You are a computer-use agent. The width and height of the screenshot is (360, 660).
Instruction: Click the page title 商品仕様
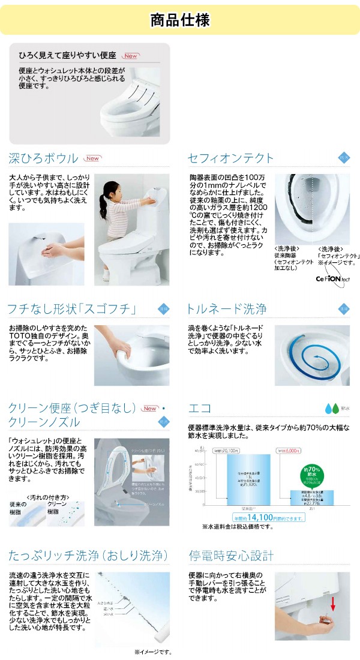pyautogui.click(x=180, y=20)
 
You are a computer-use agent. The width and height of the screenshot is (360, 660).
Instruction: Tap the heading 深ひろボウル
pyautogui.click(x=43, y=158)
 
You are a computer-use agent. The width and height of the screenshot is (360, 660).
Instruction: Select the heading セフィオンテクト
pyautogui.click(x=230, y=158)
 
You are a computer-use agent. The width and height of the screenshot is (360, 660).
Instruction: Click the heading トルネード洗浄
pyautogui.click(x=227, y=310)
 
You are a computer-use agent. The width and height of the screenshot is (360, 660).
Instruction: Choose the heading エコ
pyautogui.click(x=199, y=408)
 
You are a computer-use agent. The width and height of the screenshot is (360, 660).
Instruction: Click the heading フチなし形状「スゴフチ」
pyautogui.click(x=72, y=310)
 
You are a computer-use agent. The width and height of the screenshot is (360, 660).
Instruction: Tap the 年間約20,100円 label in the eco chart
pyautogui.click(x=227, y=451)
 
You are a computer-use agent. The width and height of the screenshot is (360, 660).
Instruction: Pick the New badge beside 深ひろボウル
pyautogui.click(x=92, y=158)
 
